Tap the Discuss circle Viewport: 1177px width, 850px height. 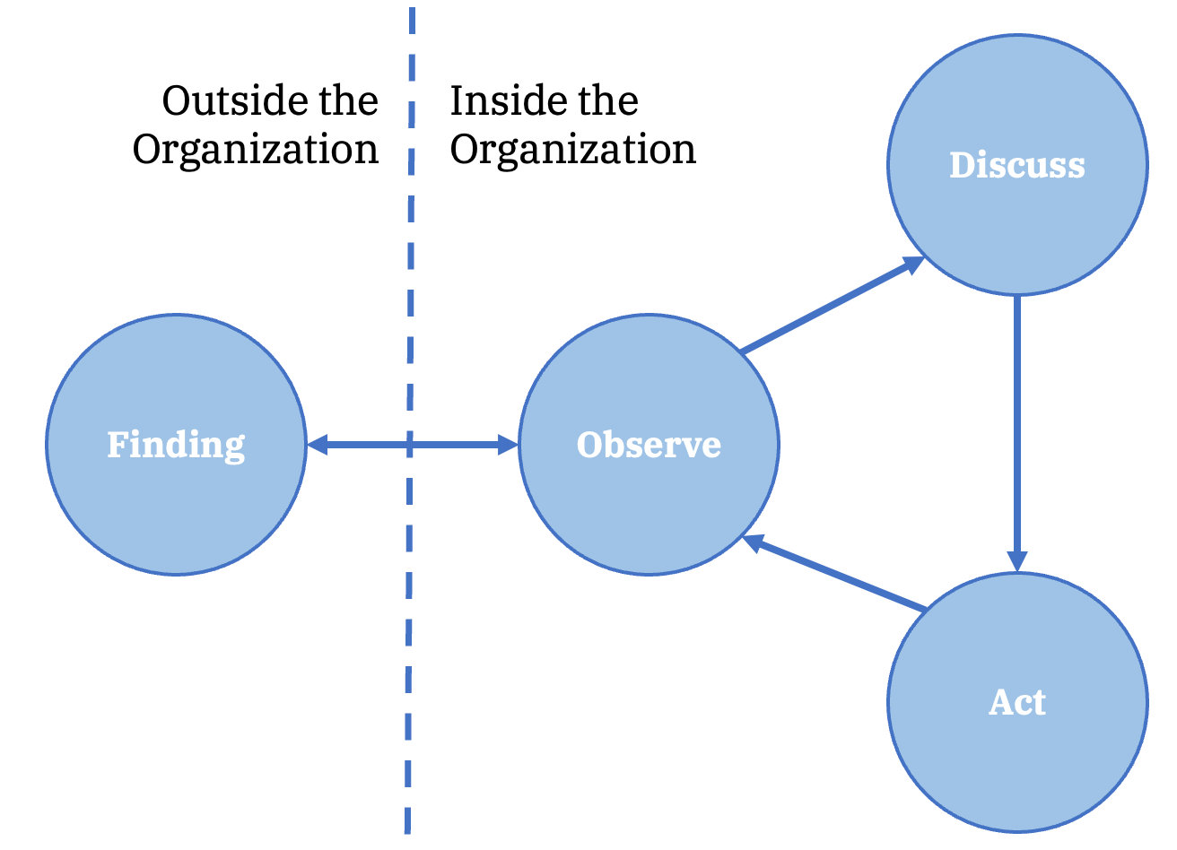pyautogui.click(x=1017, y=224)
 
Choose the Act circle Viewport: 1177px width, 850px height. pyautogui.click(x=1017, y=762)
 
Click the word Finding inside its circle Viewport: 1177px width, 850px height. pyautogui.click(x=176, y=445)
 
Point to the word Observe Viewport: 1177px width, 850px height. pyautogui.click(x=649, y=445)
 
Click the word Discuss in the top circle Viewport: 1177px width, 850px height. pyautogui.click(x=1017, y=165)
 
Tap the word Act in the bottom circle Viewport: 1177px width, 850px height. pyautogui.click(x=1017, y=702)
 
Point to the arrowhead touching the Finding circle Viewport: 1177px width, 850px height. pyautogui.click(x=317, y=444)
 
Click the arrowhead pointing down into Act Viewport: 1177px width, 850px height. pyautogui.click(x=1017, y=560)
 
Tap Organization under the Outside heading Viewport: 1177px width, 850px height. pyautogui.click(x=256, y=150)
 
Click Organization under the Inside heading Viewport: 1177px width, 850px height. pyautogui.click(x=572, y=150)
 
